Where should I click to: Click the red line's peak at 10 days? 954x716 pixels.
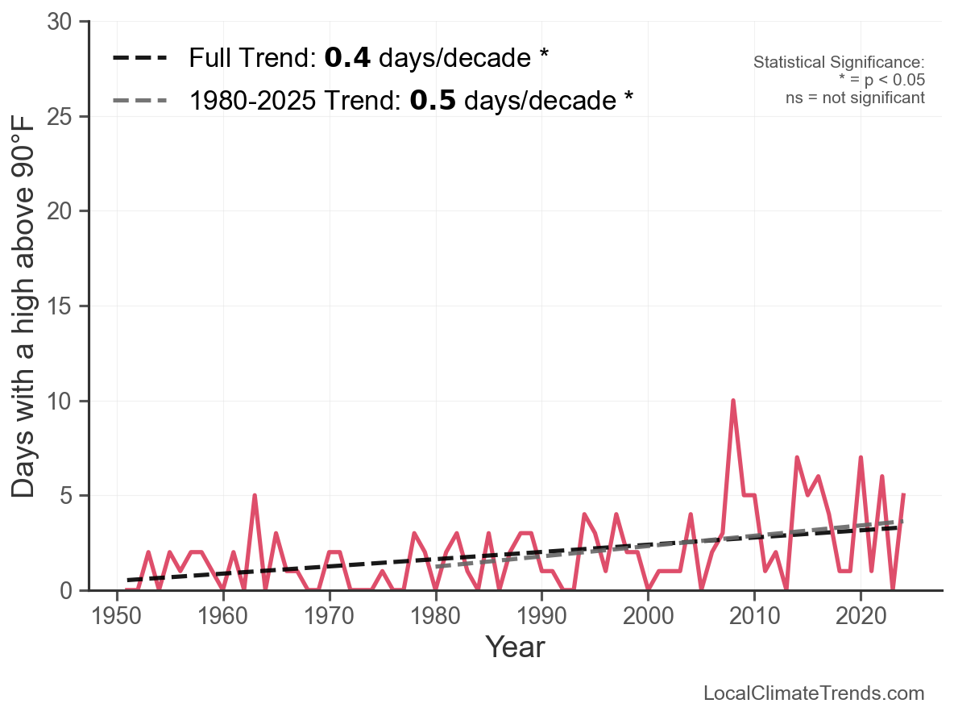point(732,401)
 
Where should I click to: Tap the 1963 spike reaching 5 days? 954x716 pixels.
point(255,495)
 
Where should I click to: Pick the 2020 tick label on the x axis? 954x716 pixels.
point(861,618)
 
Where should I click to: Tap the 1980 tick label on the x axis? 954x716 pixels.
point(436,618)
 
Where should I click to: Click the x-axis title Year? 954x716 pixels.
point(515,647)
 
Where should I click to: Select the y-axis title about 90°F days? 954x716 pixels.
point(25,306)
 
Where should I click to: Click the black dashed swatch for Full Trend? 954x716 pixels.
point(140,58)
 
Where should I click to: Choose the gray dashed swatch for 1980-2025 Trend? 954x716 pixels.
point(140,101)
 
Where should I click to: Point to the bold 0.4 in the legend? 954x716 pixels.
point(347,58)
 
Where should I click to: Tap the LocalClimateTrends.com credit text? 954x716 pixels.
point(814,693)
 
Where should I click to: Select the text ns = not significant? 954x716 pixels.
point(855,98)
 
